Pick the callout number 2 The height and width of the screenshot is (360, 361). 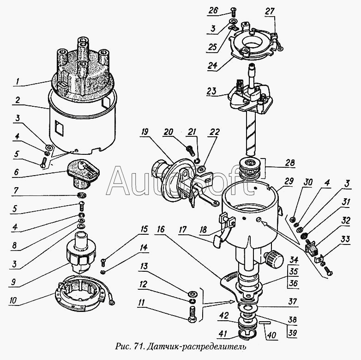[17, 100]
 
